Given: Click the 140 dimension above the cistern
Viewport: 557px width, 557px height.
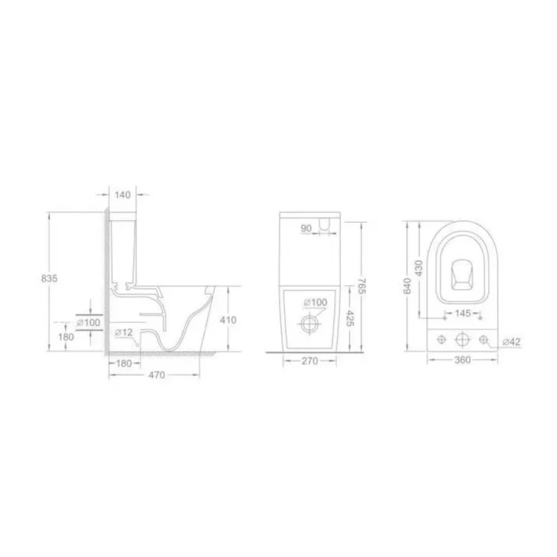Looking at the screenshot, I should pyautogui.click(x=122, y=196).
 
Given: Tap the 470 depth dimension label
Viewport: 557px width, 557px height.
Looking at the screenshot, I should pyautogui.click(x=157, y=375).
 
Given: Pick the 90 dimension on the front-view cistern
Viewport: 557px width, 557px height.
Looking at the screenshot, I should pyautogui.click(x=306, y=228).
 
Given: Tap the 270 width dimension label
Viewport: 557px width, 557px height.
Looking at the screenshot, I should pyautogui.click(x=308, y=361).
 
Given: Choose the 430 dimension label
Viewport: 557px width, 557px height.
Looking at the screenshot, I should pyautogui.click(x=419, y=268).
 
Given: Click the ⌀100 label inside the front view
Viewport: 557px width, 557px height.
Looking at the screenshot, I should pyautogui.click(x=316, y=302).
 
